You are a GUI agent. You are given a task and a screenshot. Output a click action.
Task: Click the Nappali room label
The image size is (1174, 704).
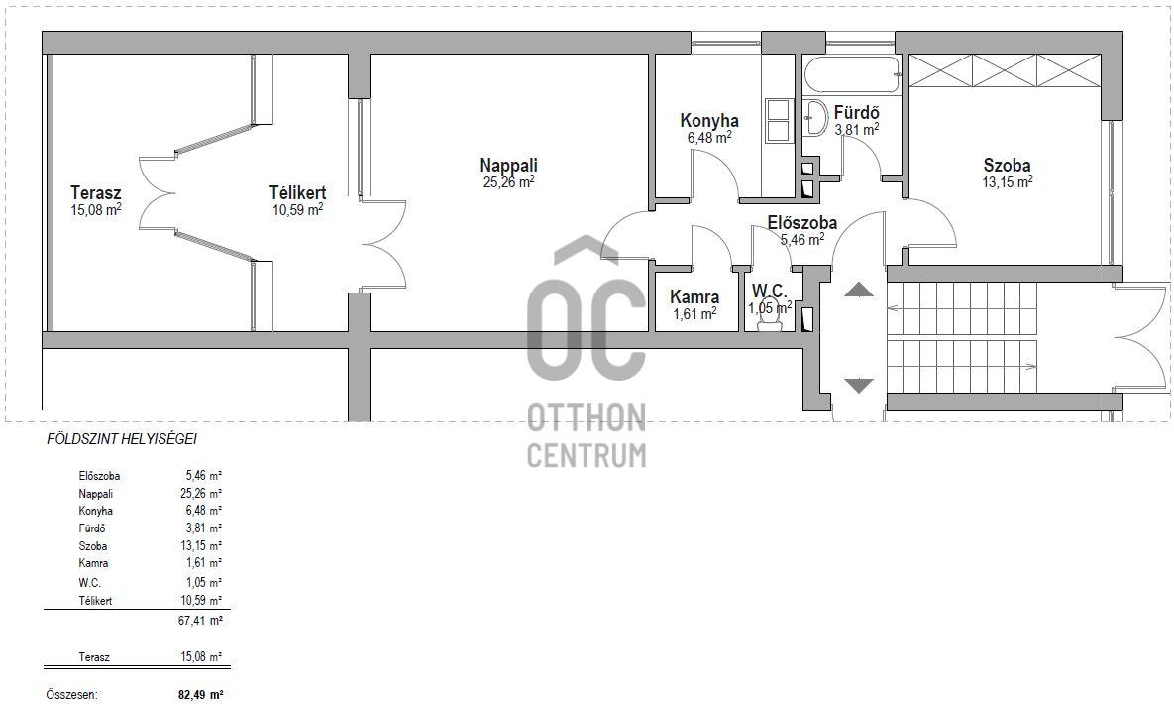508,165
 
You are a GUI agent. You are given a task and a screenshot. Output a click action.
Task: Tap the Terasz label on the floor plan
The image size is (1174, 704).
96,192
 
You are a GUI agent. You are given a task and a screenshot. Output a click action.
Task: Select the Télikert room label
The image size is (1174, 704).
297,192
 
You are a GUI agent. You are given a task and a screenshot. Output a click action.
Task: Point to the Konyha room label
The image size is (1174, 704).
709,121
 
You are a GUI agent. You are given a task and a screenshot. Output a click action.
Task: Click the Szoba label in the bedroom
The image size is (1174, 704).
1007,165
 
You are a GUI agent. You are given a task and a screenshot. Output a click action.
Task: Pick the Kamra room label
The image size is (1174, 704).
694,296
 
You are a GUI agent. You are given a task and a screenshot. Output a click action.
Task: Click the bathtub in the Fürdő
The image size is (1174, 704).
852,75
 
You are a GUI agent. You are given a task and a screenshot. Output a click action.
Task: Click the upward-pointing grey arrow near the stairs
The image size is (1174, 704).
859,290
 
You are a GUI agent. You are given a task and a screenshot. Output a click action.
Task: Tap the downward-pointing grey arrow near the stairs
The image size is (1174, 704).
859,386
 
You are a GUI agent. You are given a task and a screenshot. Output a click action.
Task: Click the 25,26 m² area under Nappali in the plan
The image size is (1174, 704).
508,181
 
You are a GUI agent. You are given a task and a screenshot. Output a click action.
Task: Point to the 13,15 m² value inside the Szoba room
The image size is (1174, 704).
1007,181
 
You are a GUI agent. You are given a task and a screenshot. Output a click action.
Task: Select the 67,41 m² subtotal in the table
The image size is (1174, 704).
204,621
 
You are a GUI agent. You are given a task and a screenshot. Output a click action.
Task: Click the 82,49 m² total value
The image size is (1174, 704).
200,695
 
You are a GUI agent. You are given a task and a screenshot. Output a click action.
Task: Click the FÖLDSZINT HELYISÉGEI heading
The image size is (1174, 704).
121,439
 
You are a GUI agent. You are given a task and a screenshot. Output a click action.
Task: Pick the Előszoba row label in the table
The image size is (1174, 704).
99,476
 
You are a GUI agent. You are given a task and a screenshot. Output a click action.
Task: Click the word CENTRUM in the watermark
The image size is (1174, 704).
587,455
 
